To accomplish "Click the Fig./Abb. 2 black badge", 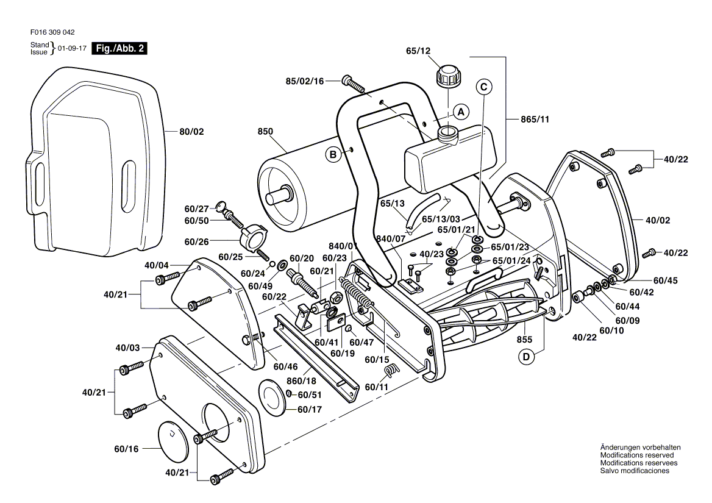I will [119, 48].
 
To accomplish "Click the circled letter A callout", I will [461, 112].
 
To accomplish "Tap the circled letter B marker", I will [333, 155].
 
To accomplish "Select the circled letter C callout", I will [483, 87].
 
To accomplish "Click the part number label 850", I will [265, 131].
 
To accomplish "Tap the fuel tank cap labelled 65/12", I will [447, 77].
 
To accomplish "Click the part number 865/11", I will [536, 120].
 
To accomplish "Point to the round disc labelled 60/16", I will [176, 439].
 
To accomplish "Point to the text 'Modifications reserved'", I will [637, 455].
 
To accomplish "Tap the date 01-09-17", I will [72, 48].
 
